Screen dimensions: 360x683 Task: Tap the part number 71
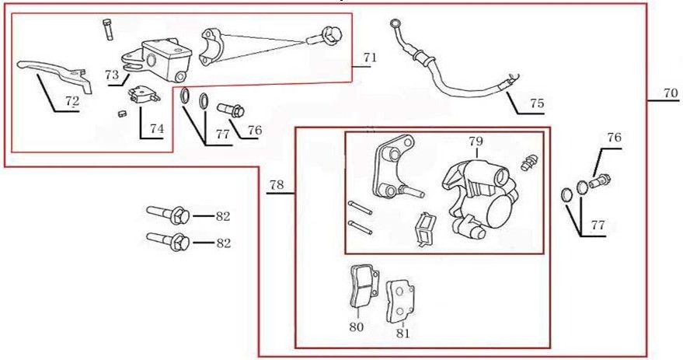369,58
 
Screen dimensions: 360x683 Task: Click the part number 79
476,142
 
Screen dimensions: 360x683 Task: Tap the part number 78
276,185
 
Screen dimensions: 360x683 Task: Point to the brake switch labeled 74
141,95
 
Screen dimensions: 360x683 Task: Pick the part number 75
537,103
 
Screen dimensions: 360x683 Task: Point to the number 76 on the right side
614,138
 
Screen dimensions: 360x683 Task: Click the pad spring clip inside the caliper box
424,231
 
